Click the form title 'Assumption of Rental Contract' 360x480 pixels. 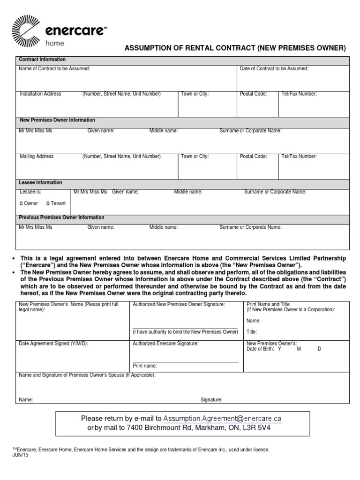234,48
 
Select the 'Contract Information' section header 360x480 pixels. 42,60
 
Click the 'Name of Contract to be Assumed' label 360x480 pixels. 54,69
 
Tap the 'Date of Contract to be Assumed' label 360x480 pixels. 274,69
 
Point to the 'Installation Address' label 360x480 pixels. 40,94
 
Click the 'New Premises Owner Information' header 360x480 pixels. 57,120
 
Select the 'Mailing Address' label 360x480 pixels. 37,156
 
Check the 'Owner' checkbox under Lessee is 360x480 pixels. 21,203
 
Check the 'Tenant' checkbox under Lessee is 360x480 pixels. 48,203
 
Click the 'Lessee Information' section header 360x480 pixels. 40,182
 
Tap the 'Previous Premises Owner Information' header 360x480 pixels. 61,217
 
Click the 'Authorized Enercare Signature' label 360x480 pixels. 165,344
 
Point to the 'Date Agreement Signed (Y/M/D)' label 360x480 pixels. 53,344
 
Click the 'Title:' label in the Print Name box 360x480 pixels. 252,331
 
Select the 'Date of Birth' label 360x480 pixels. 261,349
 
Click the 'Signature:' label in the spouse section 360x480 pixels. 211,400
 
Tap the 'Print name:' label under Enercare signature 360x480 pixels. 145,366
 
